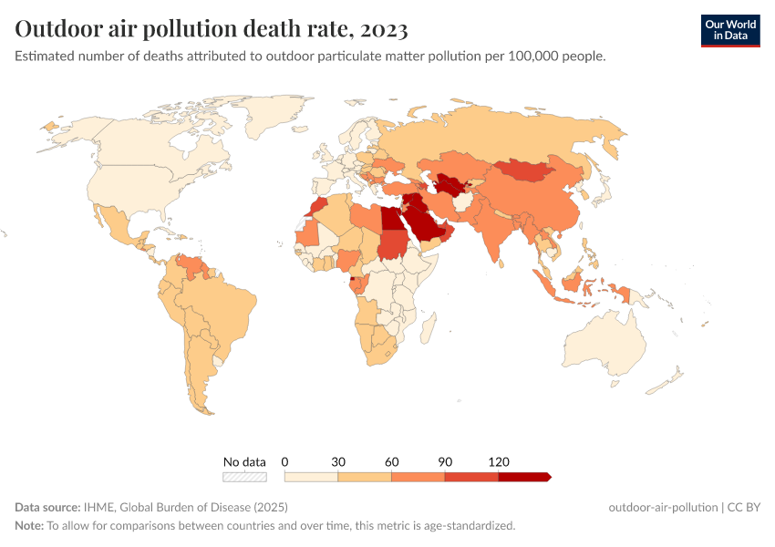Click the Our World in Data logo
coord(729,30)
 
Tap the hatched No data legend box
coord(244,476)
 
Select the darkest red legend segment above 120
coord(523,476)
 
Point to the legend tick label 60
coord(392,462)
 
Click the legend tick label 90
coord(445,462)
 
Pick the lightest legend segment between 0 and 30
coord(311,476)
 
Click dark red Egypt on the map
coord(391,220)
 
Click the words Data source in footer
coord(46,507)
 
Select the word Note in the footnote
coord(29,526)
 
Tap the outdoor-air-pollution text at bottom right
coord(662,507)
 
